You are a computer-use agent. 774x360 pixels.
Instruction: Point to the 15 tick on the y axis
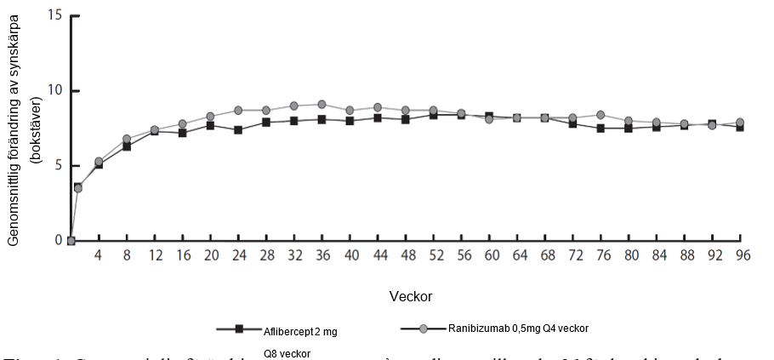(x=57, y=16)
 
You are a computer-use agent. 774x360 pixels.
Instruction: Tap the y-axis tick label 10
(x=57, y=91)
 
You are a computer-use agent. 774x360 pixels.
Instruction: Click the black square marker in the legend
(x=240, y=329)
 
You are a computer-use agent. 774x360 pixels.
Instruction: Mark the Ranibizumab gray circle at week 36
(x=322, y=105)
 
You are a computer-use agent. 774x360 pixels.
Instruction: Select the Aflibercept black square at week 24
(x=238, y=130)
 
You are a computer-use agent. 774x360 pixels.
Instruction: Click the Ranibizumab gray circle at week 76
(x=600, y=115)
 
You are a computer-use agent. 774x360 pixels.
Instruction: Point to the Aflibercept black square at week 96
(x=740, y=127)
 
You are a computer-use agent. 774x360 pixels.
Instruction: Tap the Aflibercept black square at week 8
(x=127, y=146)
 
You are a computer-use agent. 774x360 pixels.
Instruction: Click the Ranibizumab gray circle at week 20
(x=210, y=117)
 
